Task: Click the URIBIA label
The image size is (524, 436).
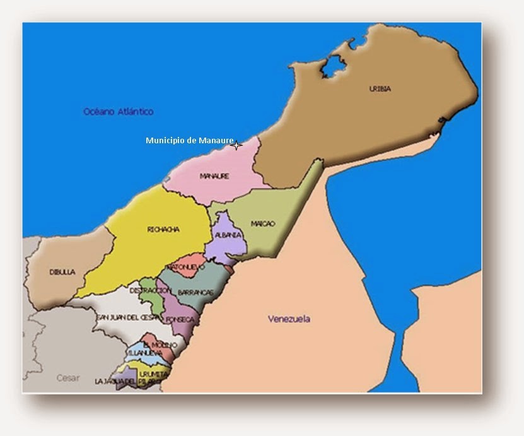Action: coord(380,89)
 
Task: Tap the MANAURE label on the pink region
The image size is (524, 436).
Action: coord(214,176)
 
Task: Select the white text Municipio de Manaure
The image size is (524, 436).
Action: coord(189,140)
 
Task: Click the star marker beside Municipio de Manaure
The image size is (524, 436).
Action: coord(236,146)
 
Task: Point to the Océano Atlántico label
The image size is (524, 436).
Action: coord(119,112)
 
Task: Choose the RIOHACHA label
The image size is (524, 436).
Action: coord(163,230)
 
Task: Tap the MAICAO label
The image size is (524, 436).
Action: coord(262,223)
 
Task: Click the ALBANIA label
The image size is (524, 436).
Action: coord(228,235)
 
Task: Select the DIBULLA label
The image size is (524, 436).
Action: coord(62,272)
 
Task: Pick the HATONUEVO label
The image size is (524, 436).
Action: coord(187,267)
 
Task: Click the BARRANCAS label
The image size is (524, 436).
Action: coord(195,293)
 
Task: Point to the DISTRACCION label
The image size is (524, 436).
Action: coord(150,290)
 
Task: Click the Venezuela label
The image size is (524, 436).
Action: coord(289,319)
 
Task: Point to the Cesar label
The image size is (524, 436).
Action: coord(68,378)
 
